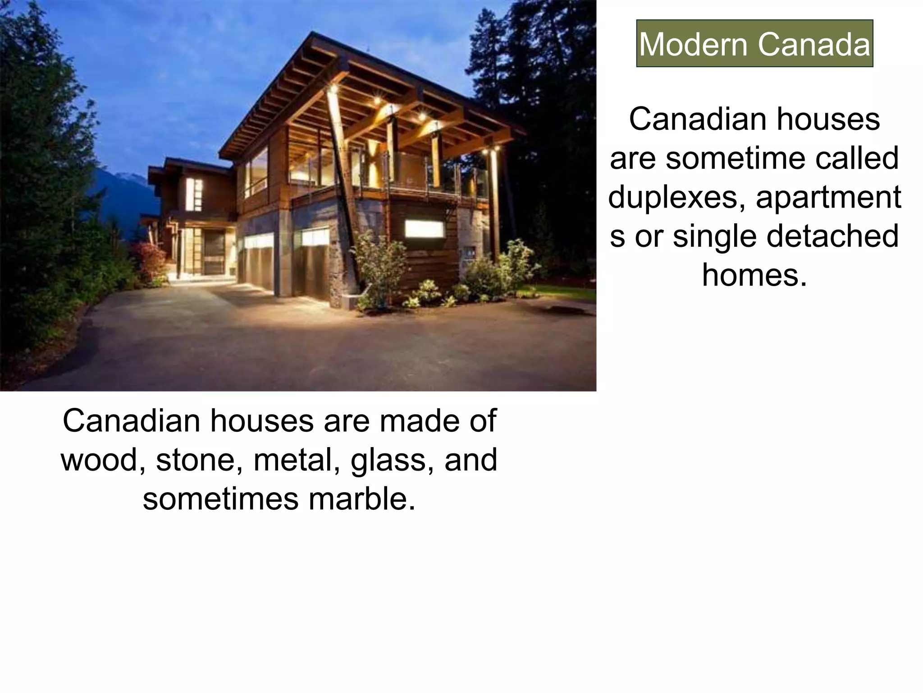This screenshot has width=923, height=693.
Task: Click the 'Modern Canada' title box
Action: [754, 44]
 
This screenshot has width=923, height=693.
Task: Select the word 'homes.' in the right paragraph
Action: [754, 275]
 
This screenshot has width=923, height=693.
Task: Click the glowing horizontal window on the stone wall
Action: [424, 229]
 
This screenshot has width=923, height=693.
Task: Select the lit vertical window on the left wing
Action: [194, 194]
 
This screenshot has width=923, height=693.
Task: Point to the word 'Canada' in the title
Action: [813, 44]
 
